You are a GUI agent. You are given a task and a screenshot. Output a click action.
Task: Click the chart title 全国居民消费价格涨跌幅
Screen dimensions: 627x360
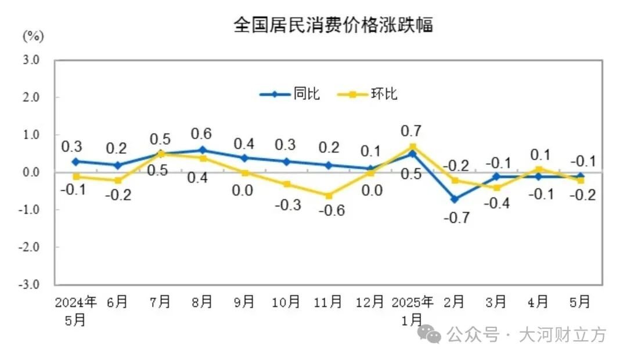coord(333,25)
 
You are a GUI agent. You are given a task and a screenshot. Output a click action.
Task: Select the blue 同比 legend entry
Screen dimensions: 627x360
coord(290,94)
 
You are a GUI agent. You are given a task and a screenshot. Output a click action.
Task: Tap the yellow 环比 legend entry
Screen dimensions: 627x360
coord(367,94)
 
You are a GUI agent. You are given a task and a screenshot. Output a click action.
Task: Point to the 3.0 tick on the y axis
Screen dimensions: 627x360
coord(31,60)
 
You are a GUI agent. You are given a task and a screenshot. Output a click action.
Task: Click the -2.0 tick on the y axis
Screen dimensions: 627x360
coord(29,247)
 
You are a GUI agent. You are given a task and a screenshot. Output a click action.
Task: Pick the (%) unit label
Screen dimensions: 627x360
coord(33,37)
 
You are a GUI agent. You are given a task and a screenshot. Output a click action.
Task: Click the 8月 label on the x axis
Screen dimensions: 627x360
coord(202,301)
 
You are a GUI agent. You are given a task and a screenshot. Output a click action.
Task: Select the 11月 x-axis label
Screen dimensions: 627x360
coord(328,301)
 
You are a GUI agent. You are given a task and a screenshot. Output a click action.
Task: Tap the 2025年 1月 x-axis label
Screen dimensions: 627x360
coord(412,311)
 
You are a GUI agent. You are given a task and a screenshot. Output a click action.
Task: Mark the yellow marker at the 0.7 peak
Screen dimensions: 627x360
coord(413,147)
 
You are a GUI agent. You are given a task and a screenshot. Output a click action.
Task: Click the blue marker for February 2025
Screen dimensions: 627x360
coord(455,199)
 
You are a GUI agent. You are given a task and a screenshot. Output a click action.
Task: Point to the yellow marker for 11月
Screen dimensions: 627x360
coord(329,196)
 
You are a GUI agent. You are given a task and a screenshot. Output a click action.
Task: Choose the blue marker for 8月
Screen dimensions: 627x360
coord(203,150)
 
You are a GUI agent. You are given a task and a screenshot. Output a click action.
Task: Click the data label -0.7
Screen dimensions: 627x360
coord(457,218)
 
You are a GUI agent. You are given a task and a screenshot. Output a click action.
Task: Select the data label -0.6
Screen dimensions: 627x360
coord(331,210)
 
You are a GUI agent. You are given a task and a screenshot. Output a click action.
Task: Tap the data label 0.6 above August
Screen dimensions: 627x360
coord(201,134)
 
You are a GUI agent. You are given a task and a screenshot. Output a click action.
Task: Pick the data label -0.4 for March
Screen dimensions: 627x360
coord(496,203)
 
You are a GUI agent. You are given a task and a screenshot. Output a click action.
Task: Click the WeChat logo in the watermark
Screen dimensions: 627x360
coord(429,334)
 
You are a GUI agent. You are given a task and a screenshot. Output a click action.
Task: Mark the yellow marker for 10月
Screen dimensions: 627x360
coord(287,184)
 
